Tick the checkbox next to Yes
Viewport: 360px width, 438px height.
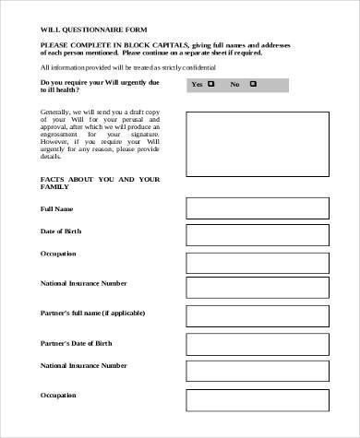[x=211, y=84]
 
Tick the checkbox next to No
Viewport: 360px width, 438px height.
[x=249, y=84]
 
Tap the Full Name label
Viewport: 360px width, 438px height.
[x=56, y=209]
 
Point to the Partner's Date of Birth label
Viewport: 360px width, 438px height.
[x=77, y=343]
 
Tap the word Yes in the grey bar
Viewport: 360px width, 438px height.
[x=196, y=84]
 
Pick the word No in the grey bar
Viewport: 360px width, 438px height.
[x=234, y=84]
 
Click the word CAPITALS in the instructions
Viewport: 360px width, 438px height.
[x=165, y=44]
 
